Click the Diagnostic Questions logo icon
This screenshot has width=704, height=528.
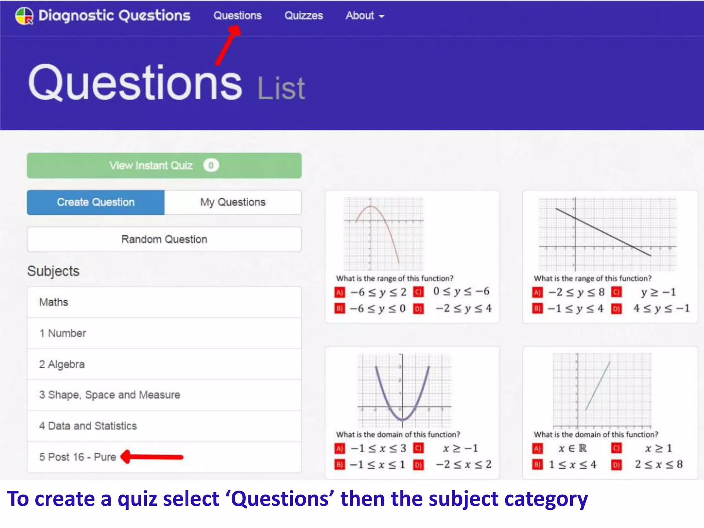coord(24,16)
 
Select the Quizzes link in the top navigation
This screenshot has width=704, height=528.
coord(304,16)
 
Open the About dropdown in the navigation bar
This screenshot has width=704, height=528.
coord(364,16)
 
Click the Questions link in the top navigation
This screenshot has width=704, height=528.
coord(237,16)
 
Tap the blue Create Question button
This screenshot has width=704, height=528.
coord(96,202)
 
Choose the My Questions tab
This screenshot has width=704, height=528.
coord(233,202)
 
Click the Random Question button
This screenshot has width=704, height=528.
coord(164,239)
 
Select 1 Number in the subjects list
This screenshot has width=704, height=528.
coord(63,333)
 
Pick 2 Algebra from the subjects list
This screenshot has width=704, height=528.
coord(62,364)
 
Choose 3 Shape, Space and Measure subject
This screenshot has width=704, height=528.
coord(110,395)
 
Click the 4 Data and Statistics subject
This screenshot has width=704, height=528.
coord(88,426)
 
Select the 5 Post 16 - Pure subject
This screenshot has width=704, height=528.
coord(78,457)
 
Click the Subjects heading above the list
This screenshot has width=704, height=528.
coord(53,271)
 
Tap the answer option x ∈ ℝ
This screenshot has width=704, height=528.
coord(573,449)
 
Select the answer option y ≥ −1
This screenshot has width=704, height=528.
coord(658,292)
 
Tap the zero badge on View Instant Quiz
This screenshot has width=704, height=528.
coord(211,165)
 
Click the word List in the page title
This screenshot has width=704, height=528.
coord(281,89)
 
